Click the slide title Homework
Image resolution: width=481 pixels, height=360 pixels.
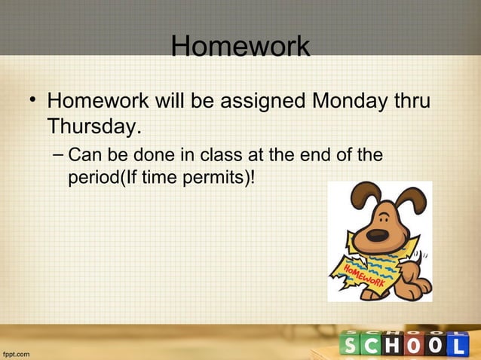[x=240, y=47]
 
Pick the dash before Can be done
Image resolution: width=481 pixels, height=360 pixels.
[x=59, y=156]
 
